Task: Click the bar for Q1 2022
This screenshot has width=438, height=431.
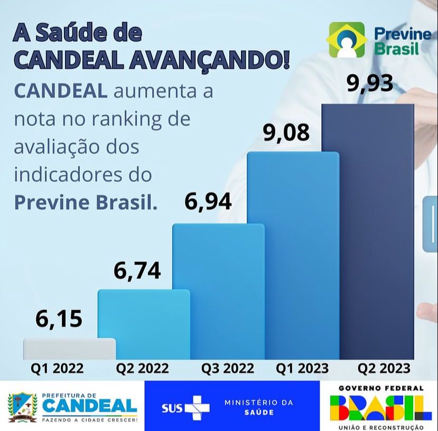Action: click(x=69, y=349)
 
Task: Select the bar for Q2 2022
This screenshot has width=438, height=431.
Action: click(x=144, y=324)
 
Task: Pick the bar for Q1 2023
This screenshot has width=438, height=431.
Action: click(x=293, y=256)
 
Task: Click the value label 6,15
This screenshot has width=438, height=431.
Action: click(x=59, y=319)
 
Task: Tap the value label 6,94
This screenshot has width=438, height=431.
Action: click(x=208, y=202)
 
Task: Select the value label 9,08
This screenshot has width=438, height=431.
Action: click(x=286, y=133)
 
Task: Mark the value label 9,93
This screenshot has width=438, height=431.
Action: click(x=370, y=83)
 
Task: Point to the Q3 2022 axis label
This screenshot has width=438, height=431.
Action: click(x=228, y=368)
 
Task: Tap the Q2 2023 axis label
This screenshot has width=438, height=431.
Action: click(x=384, y=368)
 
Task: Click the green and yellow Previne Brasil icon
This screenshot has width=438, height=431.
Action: click(x=347, y=40)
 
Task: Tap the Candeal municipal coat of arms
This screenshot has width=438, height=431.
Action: click(x=22, y=407)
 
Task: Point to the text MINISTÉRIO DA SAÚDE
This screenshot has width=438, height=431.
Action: click(x=258, y=407)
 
